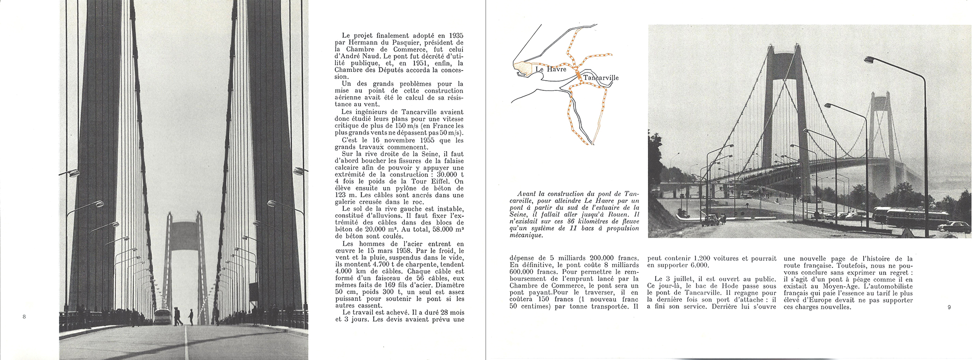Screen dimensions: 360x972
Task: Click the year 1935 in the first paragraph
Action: point(456,35)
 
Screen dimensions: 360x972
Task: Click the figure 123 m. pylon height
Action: point(343,195)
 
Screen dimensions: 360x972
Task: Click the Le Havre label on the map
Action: point(551,69)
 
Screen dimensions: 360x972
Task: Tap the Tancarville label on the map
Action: point(601,78)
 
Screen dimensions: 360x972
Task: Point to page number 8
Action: point(24,317)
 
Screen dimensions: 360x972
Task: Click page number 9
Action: point(949,307)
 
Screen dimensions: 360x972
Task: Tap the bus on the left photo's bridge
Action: point(162,316)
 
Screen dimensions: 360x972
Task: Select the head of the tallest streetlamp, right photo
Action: point(870,60)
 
